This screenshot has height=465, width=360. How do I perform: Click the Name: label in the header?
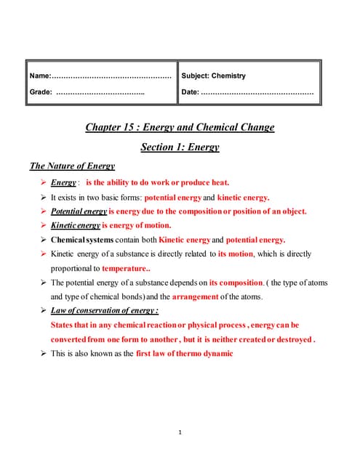tap(40, 76)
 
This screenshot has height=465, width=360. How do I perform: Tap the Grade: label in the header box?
tap(41, 92)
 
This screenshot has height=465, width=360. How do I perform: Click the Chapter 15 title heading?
tap(180, 127)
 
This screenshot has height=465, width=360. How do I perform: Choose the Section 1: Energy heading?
tap(180, 147)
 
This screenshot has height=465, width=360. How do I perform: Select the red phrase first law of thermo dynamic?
tap(184, 353)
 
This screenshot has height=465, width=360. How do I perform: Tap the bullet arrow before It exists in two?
tap(42, 197)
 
